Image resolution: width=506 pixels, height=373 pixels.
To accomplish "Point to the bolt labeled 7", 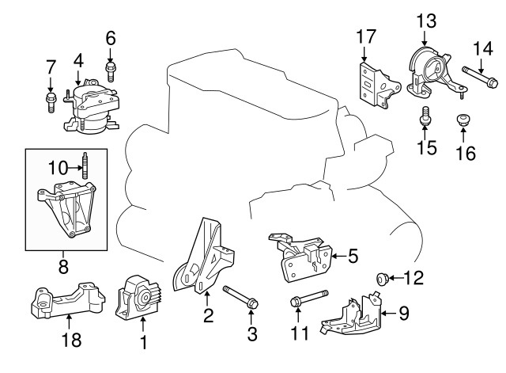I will (x=51, y=100).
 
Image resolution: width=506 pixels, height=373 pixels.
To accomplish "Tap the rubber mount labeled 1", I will (x=140, y=299).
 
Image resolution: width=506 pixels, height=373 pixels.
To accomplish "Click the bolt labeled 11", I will (x=305, y=301).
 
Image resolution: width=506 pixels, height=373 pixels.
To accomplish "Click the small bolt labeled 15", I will (x=425, y=116).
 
